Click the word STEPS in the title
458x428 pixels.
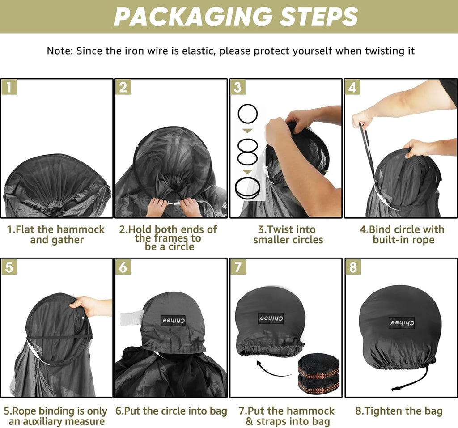click(x=318, y=17)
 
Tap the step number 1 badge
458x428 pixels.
click(x=9, y=87)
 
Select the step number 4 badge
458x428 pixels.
click(x=353, y=87)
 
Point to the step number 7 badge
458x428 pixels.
click(x=238, y=267)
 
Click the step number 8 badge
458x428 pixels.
click(x=353, y=267)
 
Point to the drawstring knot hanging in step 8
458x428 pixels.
click(x=397, y=388)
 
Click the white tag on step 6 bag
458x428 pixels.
click(x=132, y=318)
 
